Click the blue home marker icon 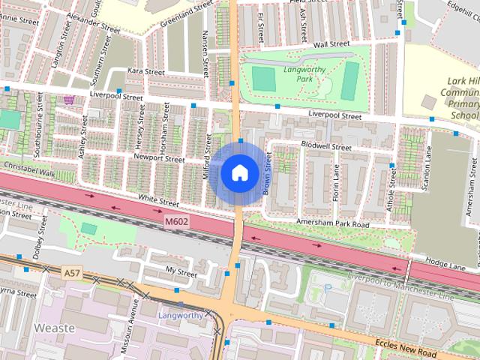(x=238, y=173)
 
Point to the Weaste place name (x=54, y=328)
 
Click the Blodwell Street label (x=326, y=147)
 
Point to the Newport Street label (x=159, y=158)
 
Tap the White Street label (x=159, y=202)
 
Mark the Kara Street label (x=145, y=72)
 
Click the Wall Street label (x=331, y=44)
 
